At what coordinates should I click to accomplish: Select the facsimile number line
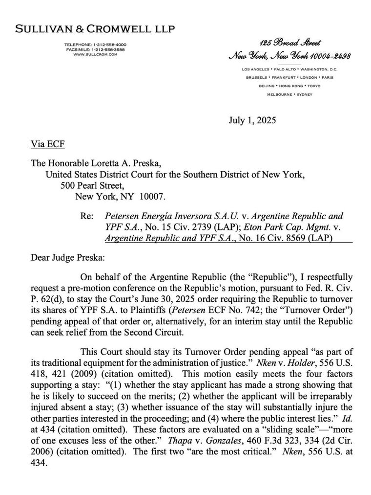[95, 49]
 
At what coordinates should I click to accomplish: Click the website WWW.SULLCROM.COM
[95, 54]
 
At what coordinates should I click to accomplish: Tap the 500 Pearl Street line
[89, 186]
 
